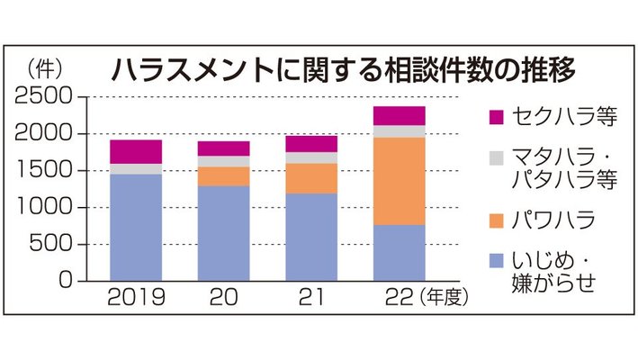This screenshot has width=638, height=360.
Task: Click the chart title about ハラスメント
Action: coord(342,70)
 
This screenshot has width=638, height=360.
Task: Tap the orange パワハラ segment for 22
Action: coord(400,180)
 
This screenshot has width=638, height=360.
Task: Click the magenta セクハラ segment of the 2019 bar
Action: coord(136,151)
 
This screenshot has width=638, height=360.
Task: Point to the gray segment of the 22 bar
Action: coord(400,130)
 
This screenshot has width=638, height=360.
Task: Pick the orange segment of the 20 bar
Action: coord(223,175)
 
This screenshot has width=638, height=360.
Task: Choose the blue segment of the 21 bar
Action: coord(311,237)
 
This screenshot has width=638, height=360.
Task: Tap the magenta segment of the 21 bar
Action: coord(311,144)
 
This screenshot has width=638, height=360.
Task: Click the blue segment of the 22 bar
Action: coord(400,252)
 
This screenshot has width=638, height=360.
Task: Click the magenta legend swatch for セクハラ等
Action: coord(495,116)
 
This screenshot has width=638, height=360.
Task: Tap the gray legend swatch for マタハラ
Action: coord(495,158)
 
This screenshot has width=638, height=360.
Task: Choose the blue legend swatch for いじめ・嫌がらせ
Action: coord(495,262)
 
